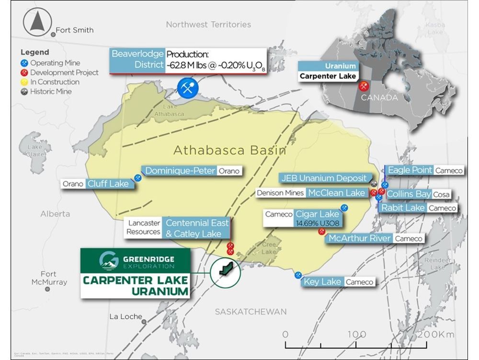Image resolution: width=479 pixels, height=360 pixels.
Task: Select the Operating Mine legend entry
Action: tap(54, 63)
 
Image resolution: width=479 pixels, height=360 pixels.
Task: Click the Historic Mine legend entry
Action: tap(50, 91)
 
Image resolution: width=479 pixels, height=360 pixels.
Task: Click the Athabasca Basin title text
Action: tap(229, 150)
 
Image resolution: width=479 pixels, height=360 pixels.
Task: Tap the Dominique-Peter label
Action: tap(180, 171)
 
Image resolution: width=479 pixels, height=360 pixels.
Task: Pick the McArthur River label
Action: tap(359, 239)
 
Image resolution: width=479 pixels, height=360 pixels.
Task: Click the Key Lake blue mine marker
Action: tap(298, 275)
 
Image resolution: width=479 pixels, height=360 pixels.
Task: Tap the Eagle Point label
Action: tap(410, 170)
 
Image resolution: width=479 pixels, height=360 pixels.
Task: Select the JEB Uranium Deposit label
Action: tap(324, 178)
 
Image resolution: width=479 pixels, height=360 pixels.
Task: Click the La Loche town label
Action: tap(126, 316)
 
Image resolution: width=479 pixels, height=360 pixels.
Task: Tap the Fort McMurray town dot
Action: tap(47, 289)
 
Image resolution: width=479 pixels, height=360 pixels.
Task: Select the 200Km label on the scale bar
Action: tap(437, 334)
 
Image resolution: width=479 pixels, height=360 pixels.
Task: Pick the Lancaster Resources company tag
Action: tap(143, 227)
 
